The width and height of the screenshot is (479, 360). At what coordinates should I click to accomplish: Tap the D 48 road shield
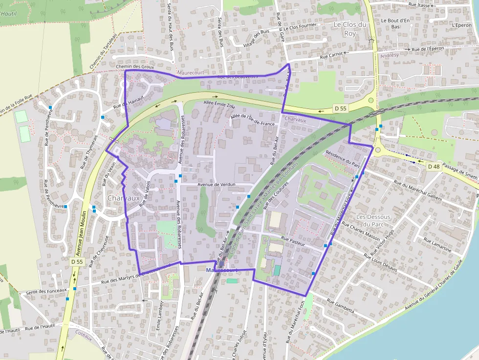click(434, 166)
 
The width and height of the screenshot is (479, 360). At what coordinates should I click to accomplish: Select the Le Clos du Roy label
click(350, 29)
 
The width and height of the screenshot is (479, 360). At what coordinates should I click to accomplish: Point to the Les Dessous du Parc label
click(373, 220)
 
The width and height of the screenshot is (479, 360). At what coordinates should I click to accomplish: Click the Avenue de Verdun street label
click(217, 185)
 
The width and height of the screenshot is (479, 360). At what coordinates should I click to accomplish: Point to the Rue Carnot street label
click(331, 56)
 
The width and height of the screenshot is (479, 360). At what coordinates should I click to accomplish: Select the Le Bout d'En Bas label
click(395, 23)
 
